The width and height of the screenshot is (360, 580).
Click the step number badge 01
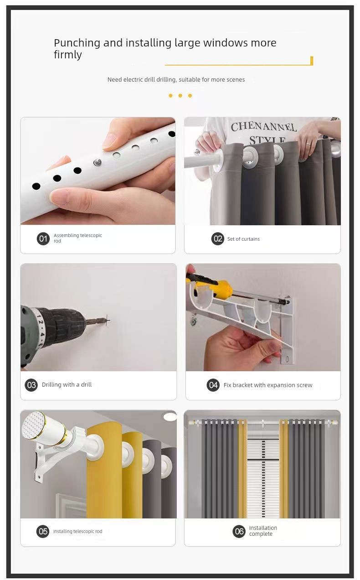coord(43,238)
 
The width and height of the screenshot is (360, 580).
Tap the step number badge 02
coord(218,238)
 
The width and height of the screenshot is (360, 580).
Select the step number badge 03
coord(31,385)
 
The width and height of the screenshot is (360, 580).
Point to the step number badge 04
coord(213,385)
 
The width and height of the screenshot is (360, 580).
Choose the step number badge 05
coord(43,531)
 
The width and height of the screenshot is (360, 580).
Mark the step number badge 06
coord(239,531)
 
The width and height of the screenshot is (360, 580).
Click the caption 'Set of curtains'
coord(243,239)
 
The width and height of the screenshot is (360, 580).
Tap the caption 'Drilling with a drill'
coord(67,384)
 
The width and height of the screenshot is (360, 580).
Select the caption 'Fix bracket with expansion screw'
coord(268,385)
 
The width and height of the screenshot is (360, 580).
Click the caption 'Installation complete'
coord(263,531)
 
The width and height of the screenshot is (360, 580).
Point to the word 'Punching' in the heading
coord(77,43)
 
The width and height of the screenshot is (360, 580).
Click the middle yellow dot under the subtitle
coord(180,96)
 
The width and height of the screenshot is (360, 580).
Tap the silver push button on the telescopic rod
coord(98,162)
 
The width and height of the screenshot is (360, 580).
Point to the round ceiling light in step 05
coord(170,416)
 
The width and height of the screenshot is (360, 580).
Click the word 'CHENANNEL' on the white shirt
coord(263,127)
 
